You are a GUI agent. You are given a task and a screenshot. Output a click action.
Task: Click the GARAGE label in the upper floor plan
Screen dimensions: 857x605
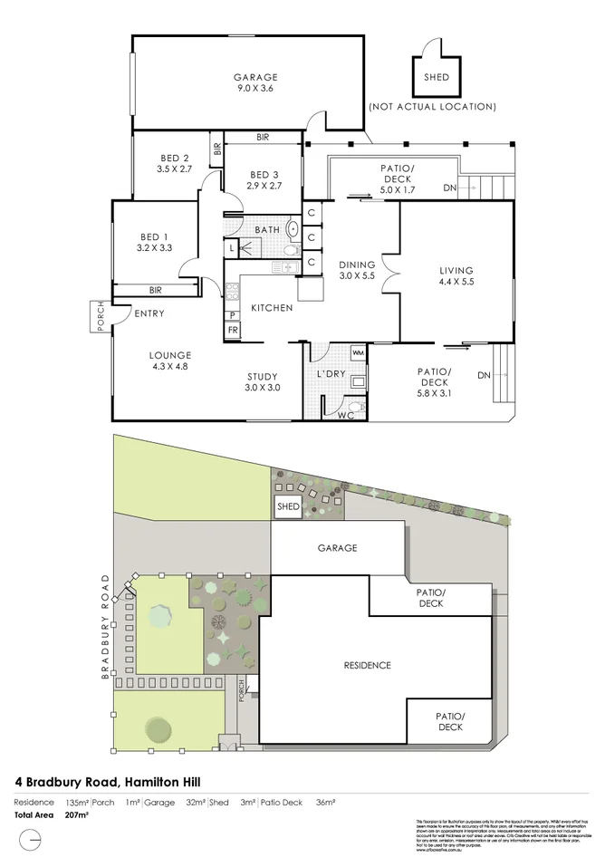click(x=257, y=77)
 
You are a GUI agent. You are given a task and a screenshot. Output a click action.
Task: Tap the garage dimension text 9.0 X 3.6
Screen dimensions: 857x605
click(x=257, y=89)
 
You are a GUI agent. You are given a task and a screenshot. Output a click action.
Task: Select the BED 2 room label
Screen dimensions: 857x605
click(x=174, y=156)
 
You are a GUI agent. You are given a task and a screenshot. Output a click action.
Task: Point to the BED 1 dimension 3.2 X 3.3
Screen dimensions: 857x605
click(x=154, y=246)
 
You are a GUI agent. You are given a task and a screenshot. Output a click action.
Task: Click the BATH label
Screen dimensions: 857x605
click(x=267, y=230)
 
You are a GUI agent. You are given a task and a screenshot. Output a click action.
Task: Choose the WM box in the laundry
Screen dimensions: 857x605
click(x=357, y=351)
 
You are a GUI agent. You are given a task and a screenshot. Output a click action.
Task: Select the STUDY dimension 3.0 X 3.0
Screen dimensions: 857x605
click(x=262, y=388)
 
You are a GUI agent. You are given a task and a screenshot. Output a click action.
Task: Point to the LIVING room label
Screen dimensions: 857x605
click(x=456, y=269)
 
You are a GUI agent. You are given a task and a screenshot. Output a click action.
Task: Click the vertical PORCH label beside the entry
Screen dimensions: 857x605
click(x=101, y=315)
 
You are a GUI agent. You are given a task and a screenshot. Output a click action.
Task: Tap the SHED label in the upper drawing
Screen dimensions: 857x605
click(x=436, y=77)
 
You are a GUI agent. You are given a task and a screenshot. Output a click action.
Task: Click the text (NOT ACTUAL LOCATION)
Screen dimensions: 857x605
click(x=432, y=107)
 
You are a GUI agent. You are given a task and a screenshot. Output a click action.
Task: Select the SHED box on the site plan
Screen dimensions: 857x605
click(x=288, y=506)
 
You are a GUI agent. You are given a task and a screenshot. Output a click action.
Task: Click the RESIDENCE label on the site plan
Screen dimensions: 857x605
click(x=367, y=665)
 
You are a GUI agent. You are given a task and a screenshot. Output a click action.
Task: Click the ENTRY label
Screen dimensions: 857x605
click(x=149, y=313)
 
